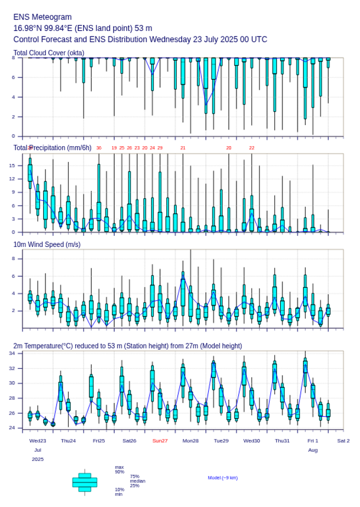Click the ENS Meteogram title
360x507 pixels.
click(x=43, y=17)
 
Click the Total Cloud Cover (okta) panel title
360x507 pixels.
click(x=49, y=53)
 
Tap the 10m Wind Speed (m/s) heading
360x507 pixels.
click(x=47, y=244)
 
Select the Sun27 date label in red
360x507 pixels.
click(x=160, y=441)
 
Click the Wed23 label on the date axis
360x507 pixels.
click(x=38, y=441)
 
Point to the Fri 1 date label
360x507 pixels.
click(x=313, y=441)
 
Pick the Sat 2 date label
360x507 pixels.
click(x=343, y=441)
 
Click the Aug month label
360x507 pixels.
click(x=313, y=450)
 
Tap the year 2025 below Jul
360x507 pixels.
click(x=38, y=459)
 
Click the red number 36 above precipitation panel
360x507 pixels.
click(x=99, y=148)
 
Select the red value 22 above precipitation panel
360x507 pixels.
click(x=251, y=148)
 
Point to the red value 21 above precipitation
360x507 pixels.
click(x=183, y=148)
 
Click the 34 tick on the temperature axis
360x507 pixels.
click(x=17, y=353)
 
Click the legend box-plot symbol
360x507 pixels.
click(x=84, y=482)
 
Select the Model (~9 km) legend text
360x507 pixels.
click(x=223, y=477)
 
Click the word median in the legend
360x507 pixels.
click(x=137, y=481)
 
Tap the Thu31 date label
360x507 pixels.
click(x=282, y=441)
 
